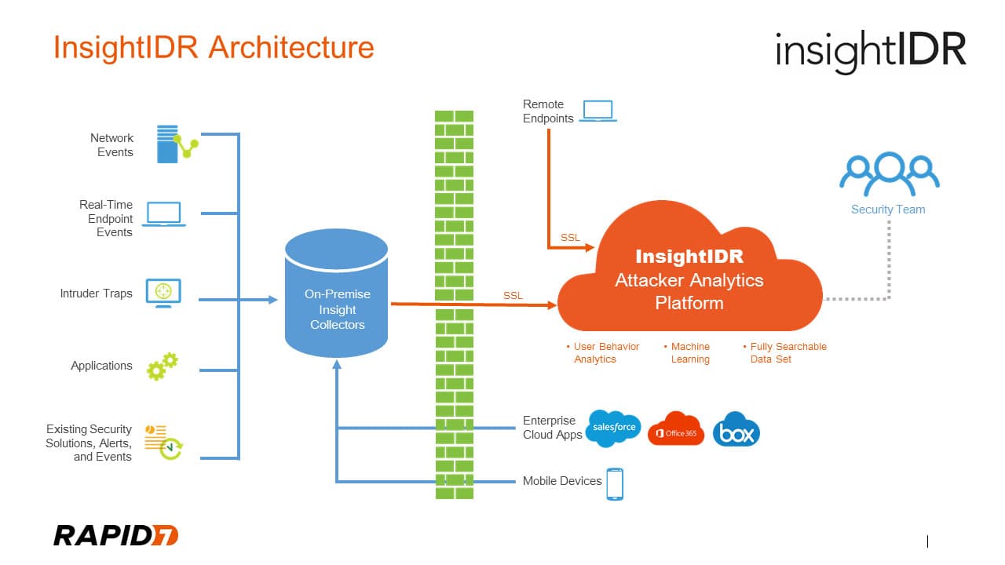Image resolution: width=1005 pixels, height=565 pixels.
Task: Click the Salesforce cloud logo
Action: click(x=613, y=428)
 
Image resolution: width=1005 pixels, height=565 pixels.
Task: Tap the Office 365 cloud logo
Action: click(x=675, y=429)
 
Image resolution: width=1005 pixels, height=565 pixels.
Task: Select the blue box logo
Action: click(x=736, y=429)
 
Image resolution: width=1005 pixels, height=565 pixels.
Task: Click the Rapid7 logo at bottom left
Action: click(x=115, y=535)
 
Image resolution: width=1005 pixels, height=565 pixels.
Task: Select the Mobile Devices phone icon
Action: click(x=615, y=483)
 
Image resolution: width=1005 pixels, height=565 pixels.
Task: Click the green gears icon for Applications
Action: click(x=163, y=366)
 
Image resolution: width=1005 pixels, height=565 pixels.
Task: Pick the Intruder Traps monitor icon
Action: click(x=163, y=293)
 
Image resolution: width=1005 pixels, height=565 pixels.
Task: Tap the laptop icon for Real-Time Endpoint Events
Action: click(x=163, y=215)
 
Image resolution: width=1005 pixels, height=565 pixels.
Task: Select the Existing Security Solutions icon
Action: click(x=163, y=442)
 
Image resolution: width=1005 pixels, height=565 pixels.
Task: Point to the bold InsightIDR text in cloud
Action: click(x=689, y=257)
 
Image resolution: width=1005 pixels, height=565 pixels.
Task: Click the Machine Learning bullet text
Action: click(x=689, y=353)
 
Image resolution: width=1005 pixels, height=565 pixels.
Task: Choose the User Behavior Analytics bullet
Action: click(x=603, y=353)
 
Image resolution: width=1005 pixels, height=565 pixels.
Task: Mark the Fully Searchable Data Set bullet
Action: click(x=785, y=353)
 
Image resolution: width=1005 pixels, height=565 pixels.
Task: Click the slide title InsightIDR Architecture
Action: click(x=214, y=48)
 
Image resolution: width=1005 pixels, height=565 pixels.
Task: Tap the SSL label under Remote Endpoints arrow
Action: click(x=570, y=238)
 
